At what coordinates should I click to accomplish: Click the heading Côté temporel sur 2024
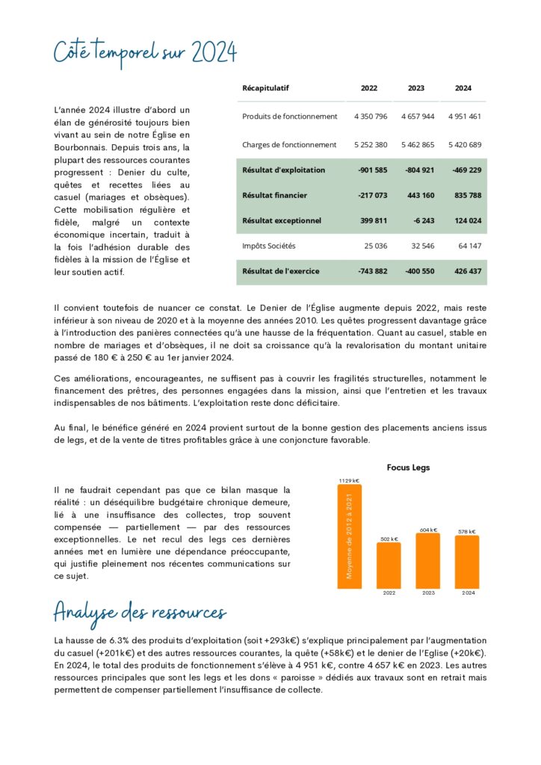tap(146, 53)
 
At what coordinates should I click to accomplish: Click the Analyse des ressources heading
tap(140, 613)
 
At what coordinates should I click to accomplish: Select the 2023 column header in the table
tap(416, 88)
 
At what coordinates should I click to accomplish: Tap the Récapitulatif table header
tap(265, 88)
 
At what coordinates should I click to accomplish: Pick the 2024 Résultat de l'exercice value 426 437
tap(467, 271)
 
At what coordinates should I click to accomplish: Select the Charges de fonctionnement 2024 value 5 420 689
tap(465, 145)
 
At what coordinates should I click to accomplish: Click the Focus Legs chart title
tap(408, 468)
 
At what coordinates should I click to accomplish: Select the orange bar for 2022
tap(389, 565)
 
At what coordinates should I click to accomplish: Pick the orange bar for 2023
tap(427, 560)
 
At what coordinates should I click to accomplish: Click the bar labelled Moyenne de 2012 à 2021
tap(349, 536)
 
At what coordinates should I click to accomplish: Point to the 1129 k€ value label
tap(349, 480)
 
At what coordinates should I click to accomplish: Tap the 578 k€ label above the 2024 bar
tap(466, 531)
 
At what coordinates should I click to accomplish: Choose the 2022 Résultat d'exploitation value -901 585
tap(371, 170)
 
